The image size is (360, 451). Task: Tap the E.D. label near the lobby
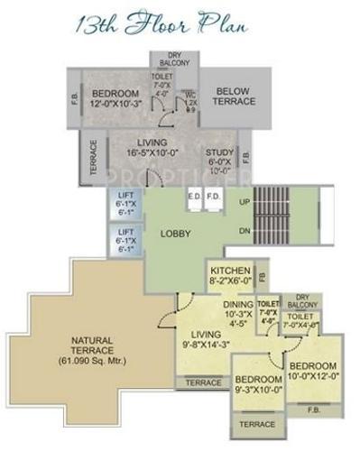(194, 195)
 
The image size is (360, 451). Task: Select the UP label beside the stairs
(245, 201)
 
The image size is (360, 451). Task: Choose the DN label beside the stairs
(245, 232)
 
